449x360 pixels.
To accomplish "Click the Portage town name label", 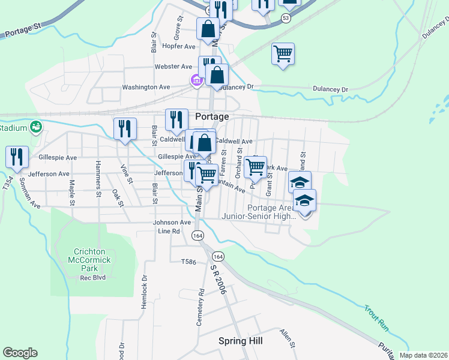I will click(212, 116).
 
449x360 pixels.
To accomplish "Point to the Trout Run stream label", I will click(376, 317).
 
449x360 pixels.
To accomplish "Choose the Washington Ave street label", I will click(146, 87).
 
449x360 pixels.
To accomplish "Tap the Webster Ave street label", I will click(173, 67).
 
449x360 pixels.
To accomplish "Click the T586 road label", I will click(188, 262).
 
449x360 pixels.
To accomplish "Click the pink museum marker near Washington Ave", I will click(196, 80).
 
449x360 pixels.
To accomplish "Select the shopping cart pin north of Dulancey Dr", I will click(283, 53).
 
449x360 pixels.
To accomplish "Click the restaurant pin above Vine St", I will click(125, 128).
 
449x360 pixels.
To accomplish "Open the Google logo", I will click(20, 353).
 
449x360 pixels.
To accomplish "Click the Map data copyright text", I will click(423, 355).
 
